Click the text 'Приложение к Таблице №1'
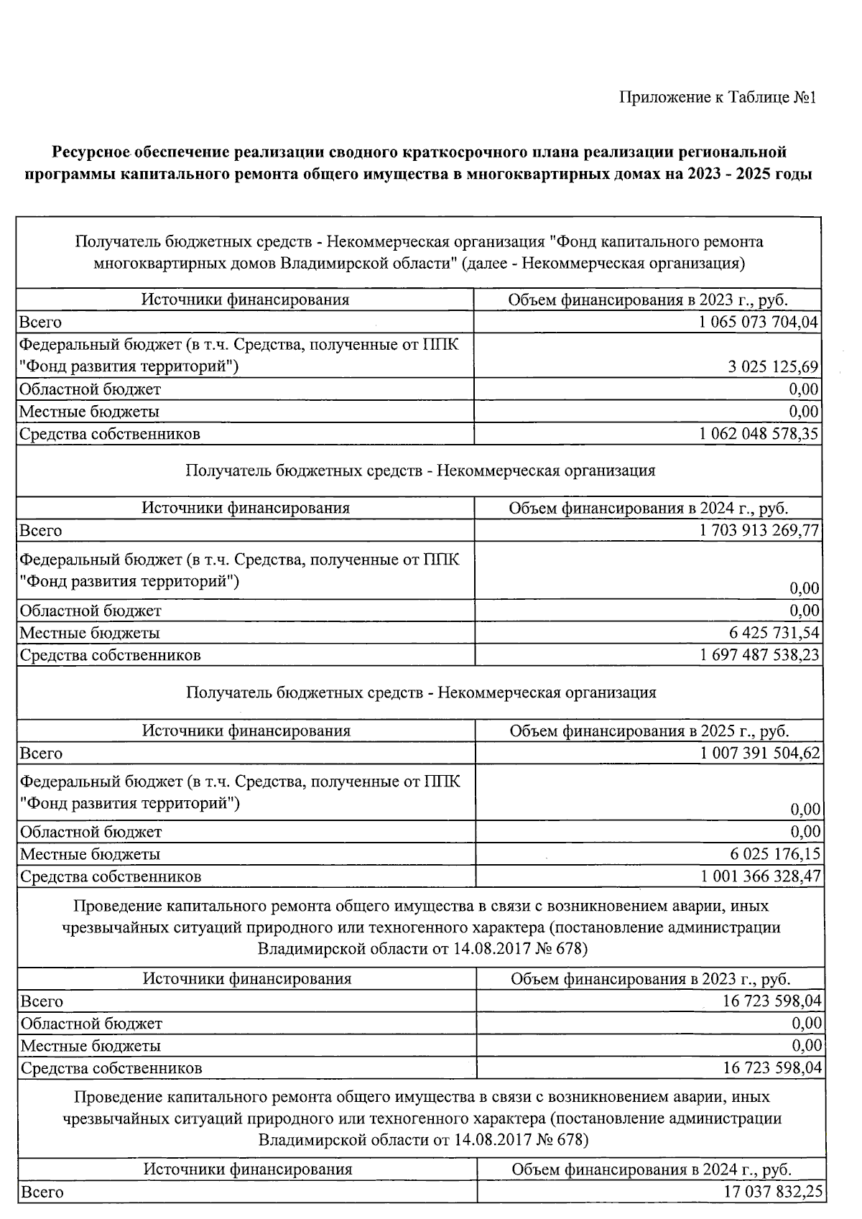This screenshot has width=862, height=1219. pyautogui.click(x=718, y=97)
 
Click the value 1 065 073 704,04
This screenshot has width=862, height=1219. pyautogui.click(x=758, y=322)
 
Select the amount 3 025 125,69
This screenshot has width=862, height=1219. pyautogui.click(x=773, y=367)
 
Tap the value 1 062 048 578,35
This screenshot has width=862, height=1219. pyautogui.click(x=758, y=434)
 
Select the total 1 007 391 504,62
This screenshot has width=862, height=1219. pyautogui.click(x=760, y=754)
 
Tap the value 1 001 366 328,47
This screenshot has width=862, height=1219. pyautogui.click(x=760, y=876)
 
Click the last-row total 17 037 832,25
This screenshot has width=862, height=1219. pyautogui.click(x=773, y=1192)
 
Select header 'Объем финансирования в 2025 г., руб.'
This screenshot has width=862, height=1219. pyautogui.click(x=649, y=731)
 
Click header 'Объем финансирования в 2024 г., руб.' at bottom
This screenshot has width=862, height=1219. pyautogui.click(x=652, y=1169)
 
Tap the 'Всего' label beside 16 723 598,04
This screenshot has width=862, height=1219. pyautogui.click(x=42, y=1001)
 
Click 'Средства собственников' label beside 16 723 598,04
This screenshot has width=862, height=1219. pyautogui.click(x=111, y=1068)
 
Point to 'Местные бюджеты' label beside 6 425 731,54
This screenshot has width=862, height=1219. pyautogui.click(x=90, y=633)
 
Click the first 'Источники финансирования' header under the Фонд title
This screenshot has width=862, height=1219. pyautogui.click(x=245, y=300)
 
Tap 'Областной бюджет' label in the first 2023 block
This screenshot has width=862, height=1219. pyautogui.click(x=90, y=389)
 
